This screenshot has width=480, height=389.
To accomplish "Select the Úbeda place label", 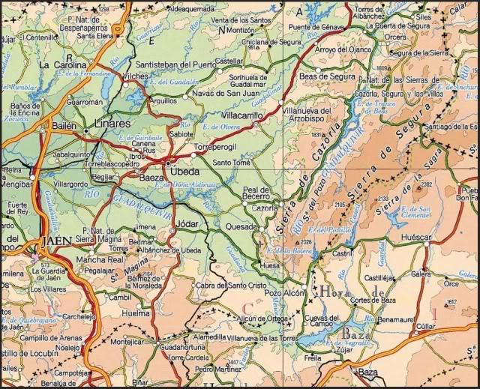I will coord(185,171).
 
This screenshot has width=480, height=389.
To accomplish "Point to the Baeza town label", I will coord(152,178).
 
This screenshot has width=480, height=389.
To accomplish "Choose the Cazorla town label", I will coord(264,207).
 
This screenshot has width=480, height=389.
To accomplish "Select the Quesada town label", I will coord(241,226).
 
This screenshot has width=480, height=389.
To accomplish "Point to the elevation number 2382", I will coord(426,184).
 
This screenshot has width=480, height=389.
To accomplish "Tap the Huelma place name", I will coord(136,313).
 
